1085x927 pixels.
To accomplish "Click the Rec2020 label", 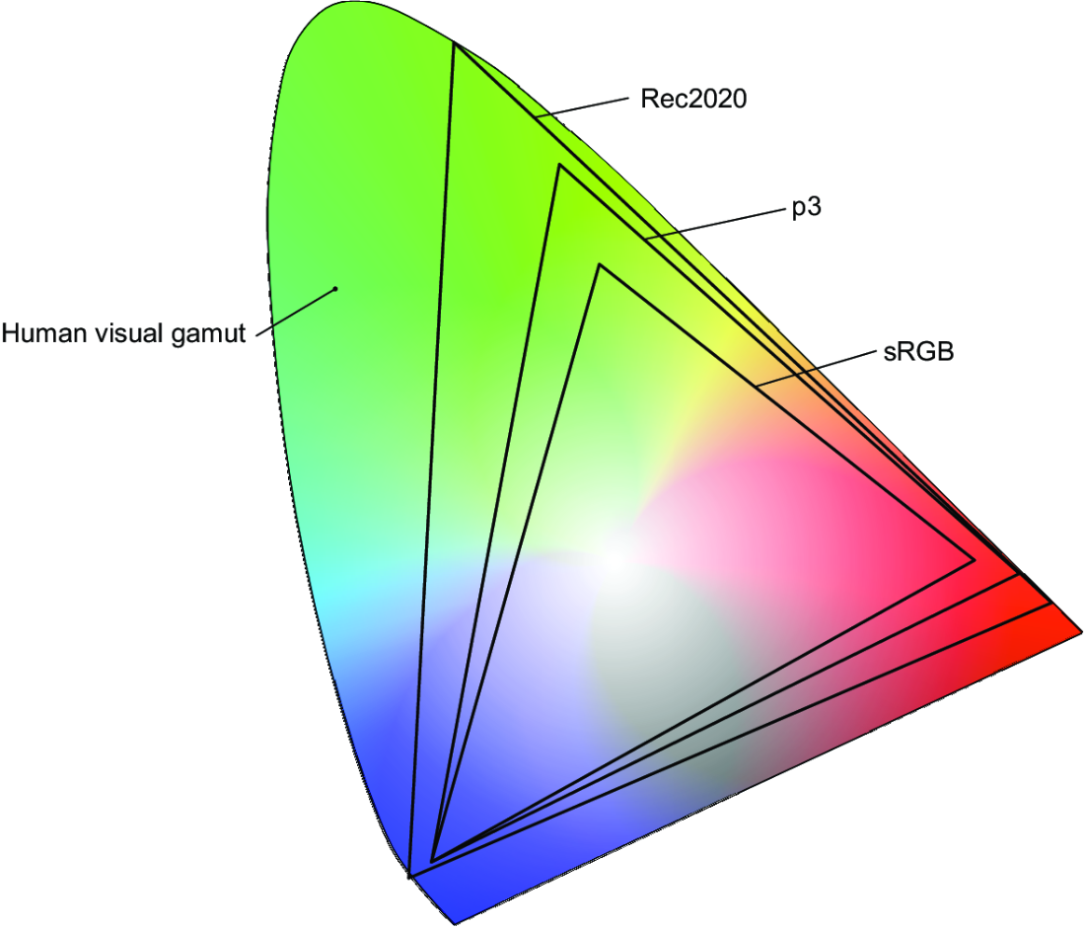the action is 693,99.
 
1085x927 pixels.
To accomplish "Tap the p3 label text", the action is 806,207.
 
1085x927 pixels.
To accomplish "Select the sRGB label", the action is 918,351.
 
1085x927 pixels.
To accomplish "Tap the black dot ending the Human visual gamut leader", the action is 335,289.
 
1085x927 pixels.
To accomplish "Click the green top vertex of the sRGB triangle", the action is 600,265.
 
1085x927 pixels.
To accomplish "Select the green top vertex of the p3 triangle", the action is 559,166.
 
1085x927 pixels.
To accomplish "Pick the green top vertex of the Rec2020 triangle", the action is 454,43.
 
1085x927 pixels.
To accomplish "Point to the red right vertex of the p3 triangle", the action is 1019,574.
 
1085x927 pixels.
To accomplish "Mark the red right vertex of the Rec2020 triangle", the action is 1051,604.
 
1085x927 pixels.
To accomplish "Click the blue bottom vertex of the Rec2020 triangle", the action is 409,877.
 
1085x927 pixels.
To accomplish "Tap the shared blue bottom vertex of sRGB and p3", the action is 432,861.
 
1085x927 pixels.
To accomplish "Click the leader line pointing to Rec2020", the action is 583,107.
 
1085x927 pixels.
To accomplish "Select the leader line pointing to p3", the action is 714,223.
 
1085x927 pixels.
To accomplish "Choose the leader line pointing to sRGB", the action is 817,368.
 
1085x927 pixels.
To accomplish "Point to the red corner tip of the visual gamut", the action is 1081,631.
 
